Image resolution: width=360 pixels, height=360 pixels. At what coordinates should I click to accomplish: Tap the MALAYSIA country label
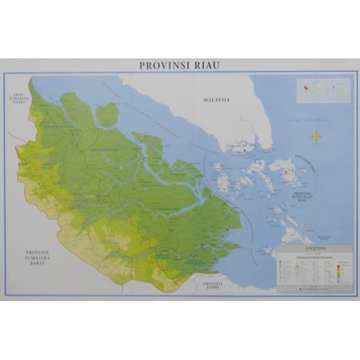215,100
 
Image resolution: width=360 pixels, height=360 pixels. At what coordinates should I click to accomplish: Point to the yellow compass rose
316,135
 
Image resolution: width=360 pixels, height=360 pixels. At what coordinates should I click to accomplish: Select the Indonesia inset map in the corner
321,89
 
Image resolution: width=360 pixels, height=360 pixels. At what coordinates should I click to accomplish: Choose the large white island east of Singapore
284,169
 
